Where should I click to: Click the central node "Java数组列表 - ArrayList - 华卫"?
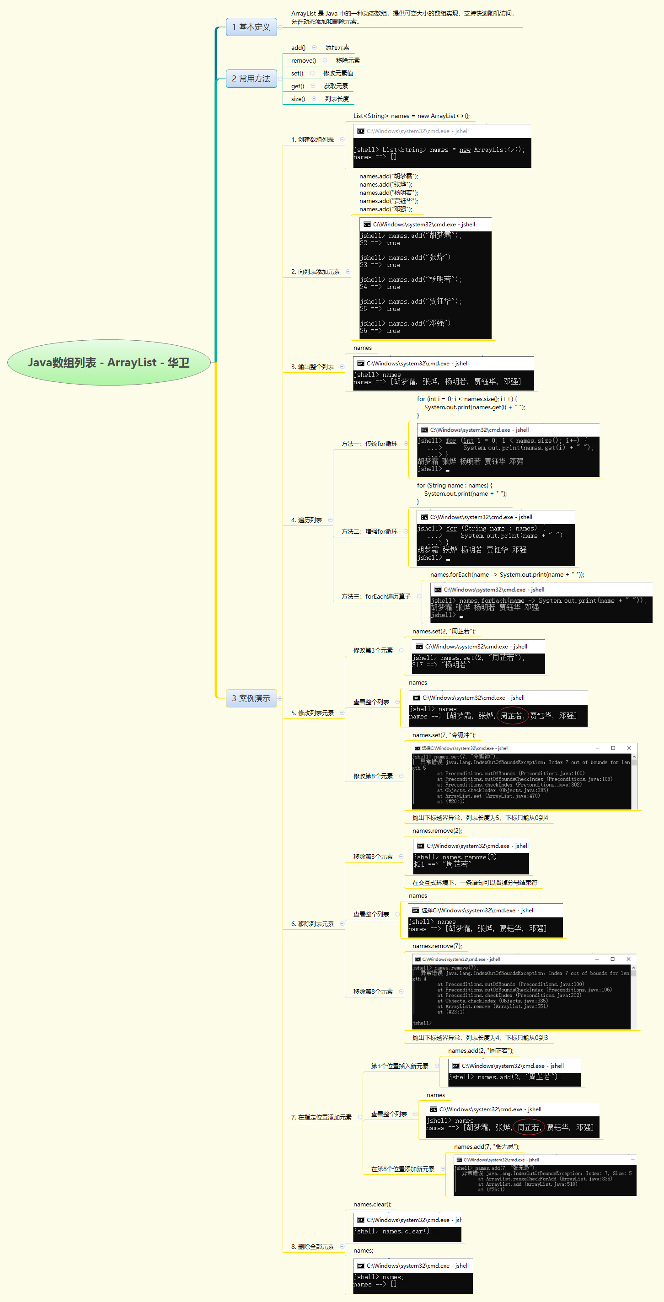pyautogui.click(x=109, y=362)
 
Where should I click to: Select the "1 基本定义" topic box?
pyautogui.click(x=251, y=27)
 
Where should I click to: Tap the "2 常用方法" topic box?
pyautogui.click(x=251, y=78)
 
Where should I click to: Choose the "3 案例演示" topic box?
pyautogui.click(x=251, y=698)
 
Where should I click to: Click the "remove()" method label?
pyautogui.click(x=303, y=61)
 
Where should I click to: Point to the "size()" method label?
pyautogui.click(x=298, y=99)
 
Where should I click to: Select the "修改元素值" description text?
pyautogui.click(x=338, y=73)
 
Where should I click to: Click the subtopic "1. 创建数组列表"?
pyautogui.click(x=312, y=139)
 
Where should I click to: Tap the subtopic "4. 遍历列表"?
pyautogui.click(x=306, y=520)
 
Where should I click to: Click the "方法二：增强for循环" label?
pyautogui.click(x=369, y=532)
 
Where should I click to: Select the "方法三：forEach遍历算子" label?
pyautogui.click(x=376, y=596)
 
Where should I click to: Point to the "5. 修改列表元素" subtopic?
pyautogui.click(x=312, y=713)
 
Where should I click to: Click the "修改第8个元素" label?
pyautogui.click(x=373, y=776)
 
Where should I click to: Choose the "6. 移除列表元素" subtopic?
pyautogui.click(x=312, y=924)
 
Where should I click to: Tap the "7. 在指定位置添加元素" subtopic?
pyautogui.click(x=321, y=1117)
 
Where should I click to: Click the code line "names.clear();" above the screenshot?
pyautogui.click(x=372, y=1205)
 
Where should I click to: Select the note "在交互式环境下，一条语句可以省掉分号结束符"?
pyautogui.click(x=475, y=883)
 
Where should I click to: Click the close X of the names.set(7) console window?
pyautogui.click(x=629, y=748)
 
